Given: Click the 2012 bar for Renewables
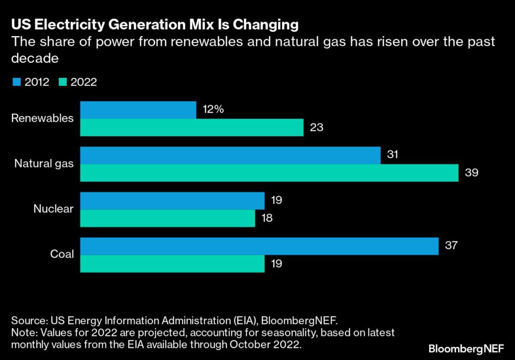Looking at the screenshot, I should pyautogui.click(x=138, y=110).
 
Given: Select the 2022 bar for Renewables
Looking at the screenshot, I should pyautogui.click(x=192, y=127).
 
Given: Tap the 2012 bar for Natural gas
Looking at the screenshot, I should pyautogui.click(x=230, y=155).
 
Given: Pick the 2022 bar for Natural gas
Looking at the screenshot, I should pyautogui.click(x=269, y=172).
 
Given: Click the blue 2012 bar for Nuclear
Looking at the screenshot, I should pyautogui.click(x=172, y=201).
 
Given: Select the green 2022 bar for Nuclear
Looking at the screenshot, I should pyautogui.click(x=167, y=218).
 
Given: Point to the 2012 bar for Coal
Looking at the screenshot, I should pyautogui.click(x=259, y=246).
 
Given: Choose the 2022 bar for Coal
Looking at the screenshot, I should pyautogui.click(x=172, y=263).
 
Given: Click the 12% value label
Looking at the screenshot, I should pyautogui.click(x=213, y=109).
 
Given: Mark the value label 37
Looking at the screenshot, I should pyautogui.click(x=451, y=245).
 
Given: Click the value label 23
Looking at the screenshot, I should pyautogui.click(x=316, y=127).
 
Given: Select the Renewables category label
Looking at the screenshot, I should pyautogui.click(x=42, y=119).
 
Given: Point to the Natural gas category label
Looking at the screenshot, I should pyautogui.click(x=44, y=163).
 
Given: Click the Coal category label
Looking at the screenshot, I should pyautogui.click(x=62, y=254).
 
